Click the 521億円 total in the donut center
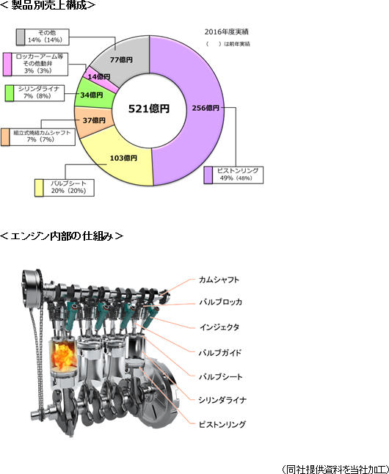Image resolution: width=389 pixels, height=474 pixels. point(149,109)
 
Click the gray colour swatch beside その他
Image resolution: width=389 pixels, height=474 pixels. point(21,37)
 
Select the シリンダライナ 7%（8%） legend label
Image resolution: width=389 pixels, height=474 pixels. point(39,92)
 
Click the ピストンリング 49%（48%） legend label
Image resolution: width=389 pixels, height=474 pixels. point(238,175)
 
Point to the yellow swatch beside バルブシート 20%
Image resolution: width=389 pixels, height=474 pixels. point(39,188)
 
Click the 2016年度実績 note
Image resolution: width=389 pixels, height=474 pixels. point(227,32)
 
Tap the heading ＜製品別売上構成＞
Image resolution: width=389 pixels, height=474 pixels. point(48,5)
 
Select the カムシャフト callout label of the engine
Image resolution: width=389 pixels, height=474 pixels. point(219,280)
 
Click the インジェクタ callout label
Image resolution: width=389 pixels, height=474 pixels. point(219,327)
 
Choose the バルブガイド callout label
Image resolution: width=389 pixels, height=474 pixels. point(220,352)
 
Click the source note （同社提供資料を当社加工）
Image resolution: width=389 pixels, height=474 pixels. point(335,469)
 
